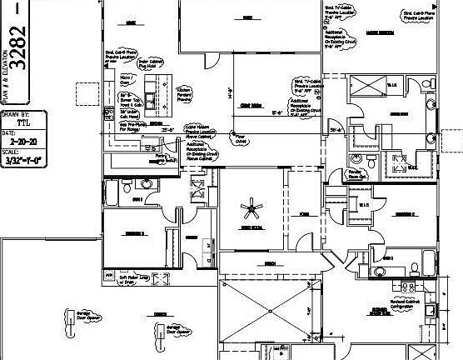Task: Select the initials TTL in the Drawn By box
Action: pos(33,122)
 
